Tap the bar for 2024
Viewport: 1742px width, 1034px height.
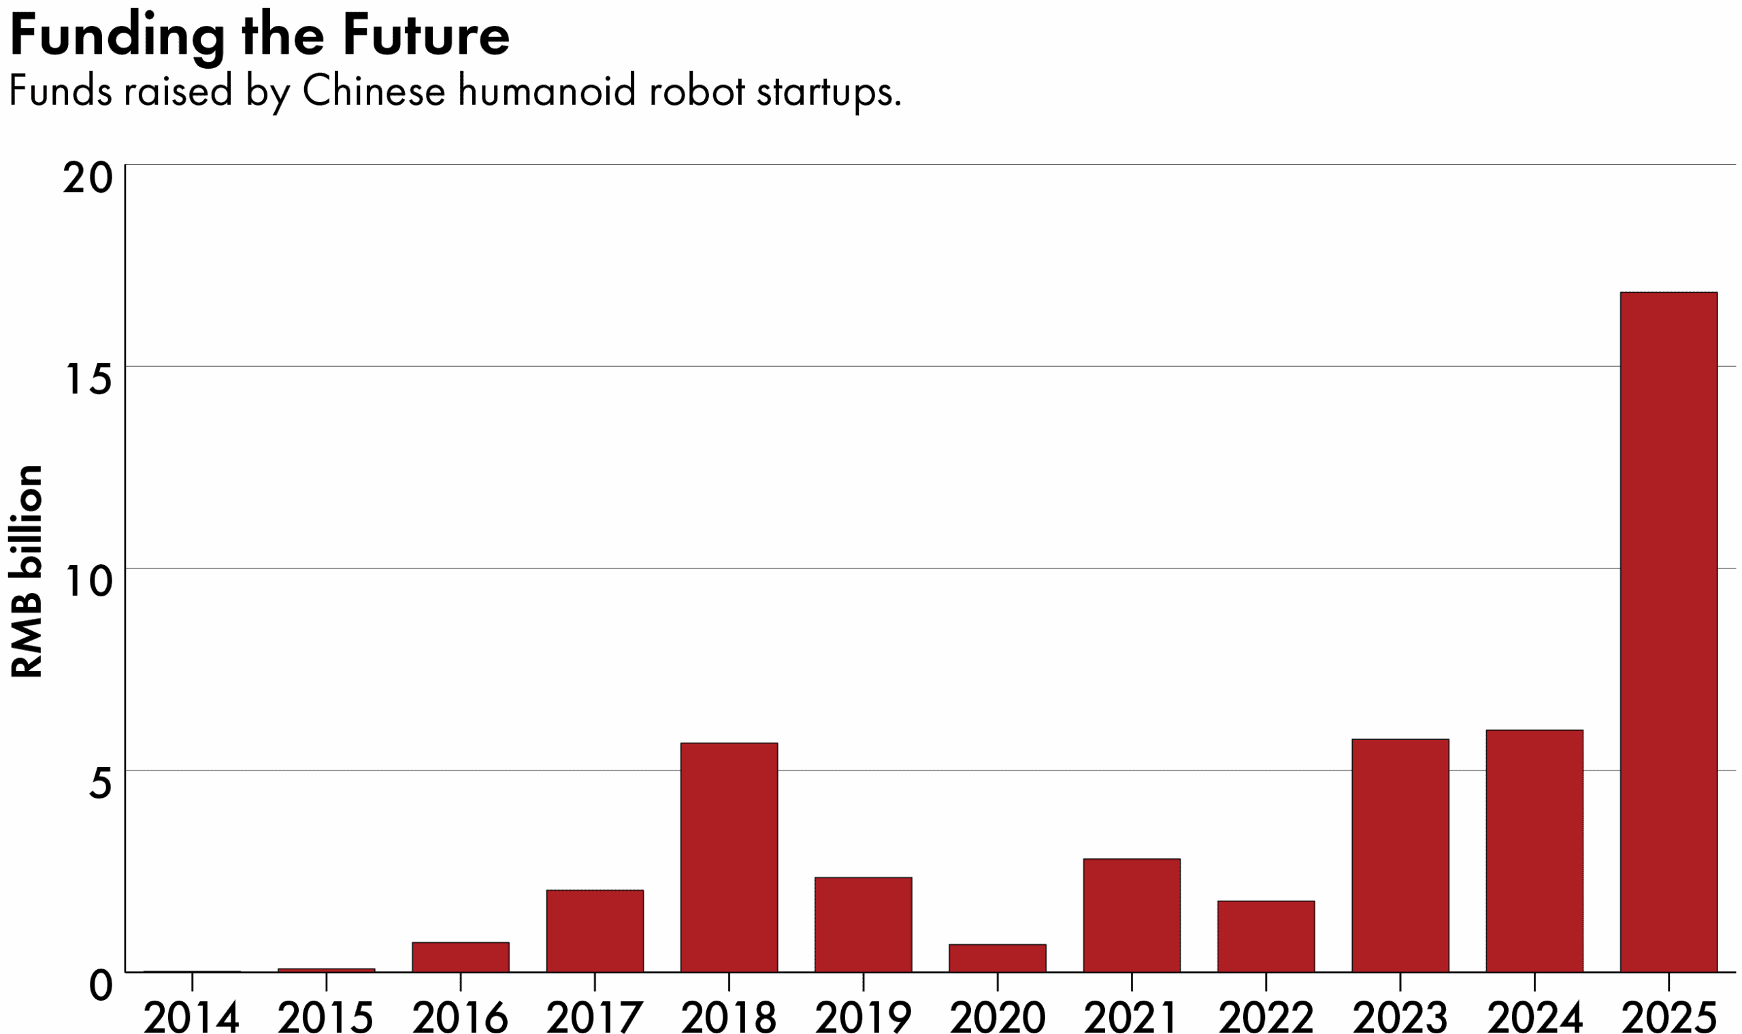[x=1534, y=851]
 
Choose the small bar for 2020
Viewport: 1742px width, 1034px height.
[x=997, y=958]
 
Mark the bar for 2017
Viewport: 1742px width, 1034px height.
[x=594, y=931]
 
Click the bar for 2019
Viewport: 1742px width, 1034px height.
[x=863, y=924]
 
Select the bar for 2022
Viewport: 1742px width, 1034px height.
[x=1266, y=937]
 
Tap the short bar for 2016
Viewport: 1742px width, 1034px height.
[x=461, y=956]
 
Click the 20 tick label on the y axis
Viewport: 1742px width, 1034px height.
[x=88, y=178]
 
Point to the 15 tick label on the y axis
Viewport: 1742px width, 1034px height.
[x=88, y=381]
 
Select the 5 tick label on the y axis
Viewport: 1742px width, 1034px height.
[x=100, y=783]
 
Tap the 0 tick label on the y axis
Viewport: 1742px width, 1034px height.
[x=101, y=985]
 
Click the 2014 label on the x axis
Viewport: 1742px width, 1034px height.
[x=191, y=1017]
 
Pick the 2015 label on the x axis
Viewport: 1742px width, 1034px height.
[x=326, y=1017]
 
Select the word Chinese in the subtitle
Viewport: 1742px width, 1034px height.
[x=374, y=91]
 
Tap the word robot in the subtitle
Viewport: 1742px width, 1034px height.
[x=697, y=91]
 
